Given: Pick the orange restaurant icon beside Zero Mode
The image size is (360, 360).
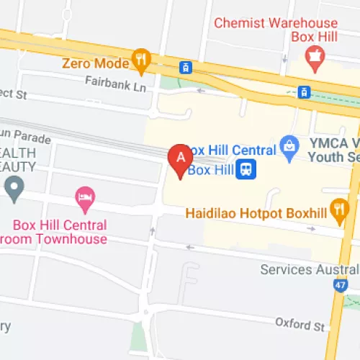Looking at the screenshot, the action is (x=141, y=62).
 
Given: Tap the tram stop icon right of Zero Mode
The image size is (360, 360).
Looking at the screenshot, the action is (x=186, y=67).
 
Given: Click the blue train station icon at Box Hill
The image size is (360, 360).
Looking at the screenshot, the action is (x=247, y=170).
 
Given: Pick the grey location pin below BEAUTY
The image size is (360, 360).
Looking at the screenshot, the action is (x=13, y=189).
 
